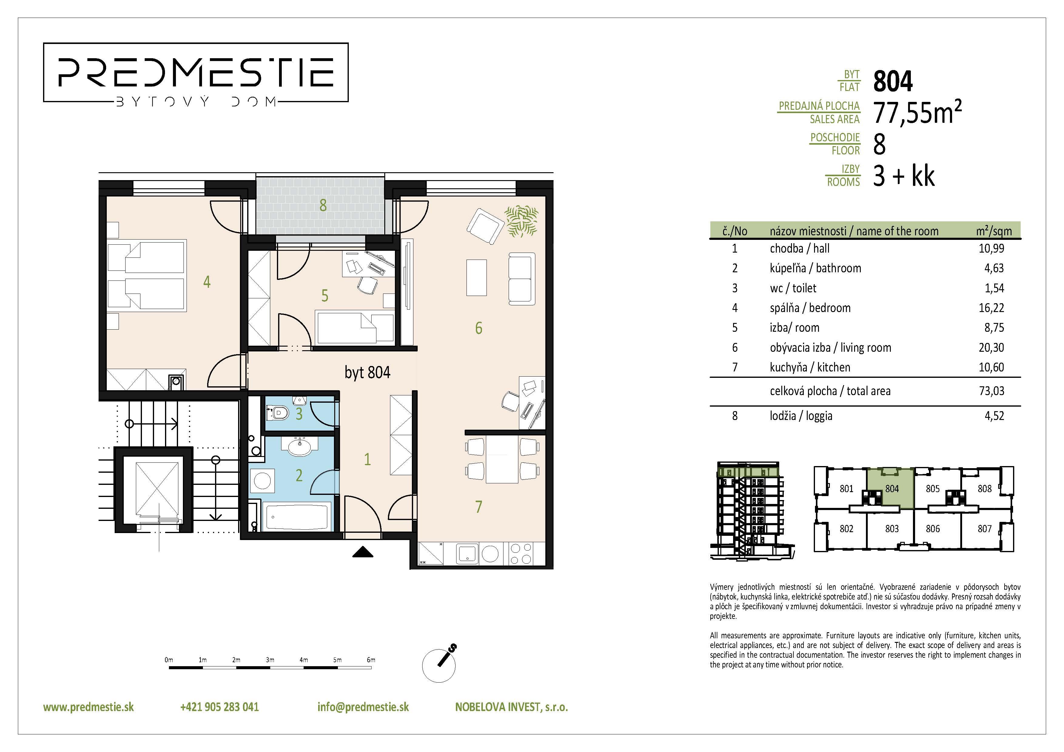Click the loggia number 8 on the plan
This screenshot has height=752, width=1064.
[x=323, y=205]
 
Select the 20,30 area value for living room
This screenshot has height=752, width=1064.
[x=991, y=347]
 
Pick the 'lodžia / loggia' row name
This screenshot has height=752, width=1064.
[x=801, y=416]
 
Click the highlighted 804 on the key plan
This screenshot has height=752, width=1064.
[x=892, y=488]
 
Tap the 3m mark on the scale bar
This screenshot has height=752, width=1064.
[x=270, y=660]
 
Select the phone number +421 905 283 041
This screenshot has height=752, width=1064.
[x=219, y=707]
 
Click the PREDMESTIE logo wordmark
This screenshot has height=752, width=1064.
[x=196, y=73]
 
